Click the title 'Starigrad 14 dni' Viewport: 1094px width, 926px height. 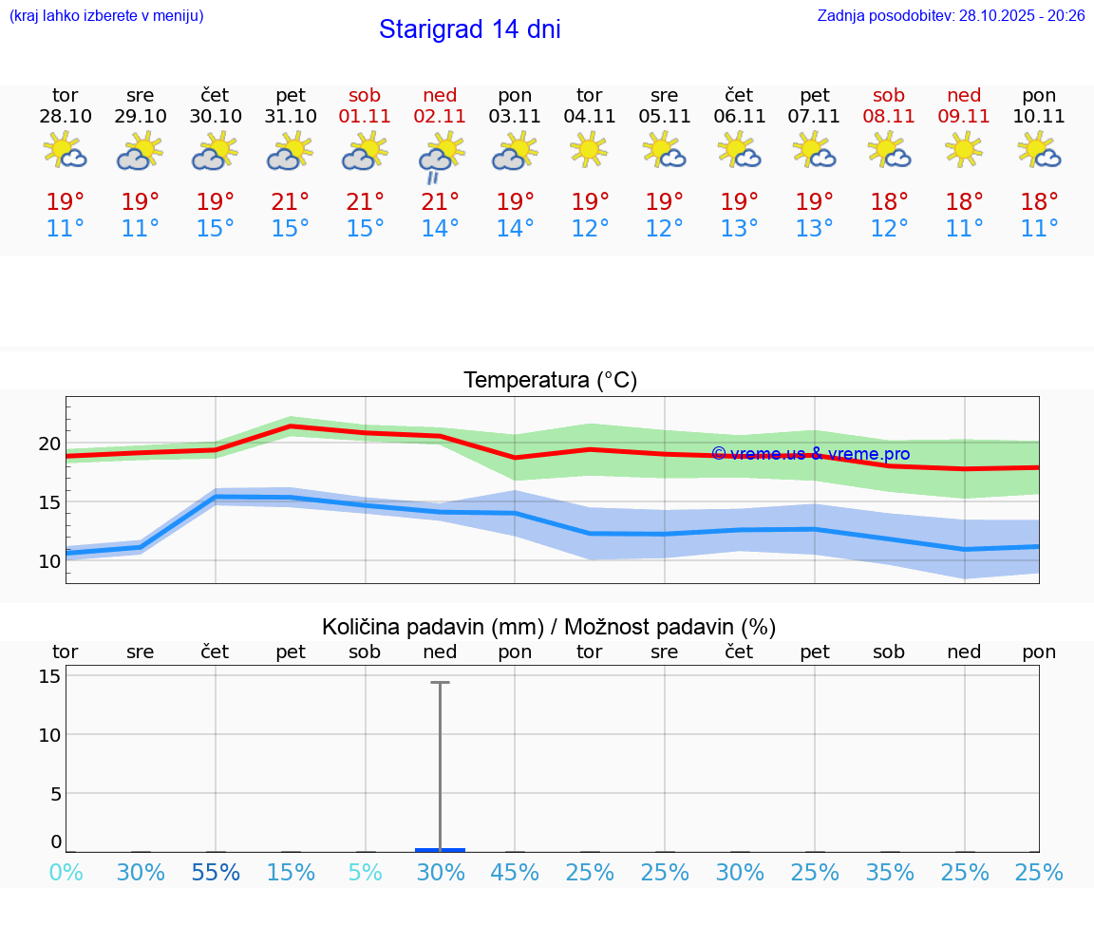pos(469,29)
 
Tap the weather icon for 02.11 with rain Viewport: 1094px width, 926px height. pos(440,154)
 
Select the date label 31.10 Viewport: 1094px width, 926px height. pos(291,117)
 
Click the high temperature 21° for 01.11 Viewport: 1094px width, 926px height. pos(365,201)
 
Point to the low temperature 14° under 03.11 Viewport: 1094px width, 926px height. pos(515,229)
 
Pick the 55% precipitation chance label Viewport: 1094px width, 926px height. pos(216,873)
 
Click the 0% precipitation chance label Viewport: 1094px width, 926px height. pos(66,873)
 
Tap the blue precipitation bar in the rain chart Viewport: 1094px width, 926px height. pos(440,849)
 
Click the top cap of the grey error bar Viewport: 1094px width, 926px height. pos(440,682)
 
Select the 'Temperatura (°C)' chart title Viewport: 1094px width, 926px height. pos(550,381)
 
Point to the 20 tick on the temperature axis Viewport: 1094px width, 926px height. pos(49,444)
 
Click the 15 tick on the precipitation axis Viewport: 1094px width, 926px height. pos(49,676)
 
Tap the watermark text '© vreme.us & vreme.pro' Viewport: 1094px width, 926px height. pos(810,454)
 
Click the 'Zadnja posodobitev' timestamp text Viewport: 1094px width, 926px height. pos(951,16)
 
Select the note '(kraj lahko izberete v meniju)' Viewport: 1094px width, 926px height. pos(106,16)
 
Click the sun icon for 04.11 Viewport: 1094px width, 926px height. pos(589,149)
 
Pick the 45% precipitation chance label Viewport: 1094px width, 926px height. pos(515,873)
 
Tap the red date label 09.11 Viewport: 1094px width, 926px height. pos(964,117)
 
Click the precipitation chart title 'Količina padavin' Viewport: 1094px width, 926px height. pos(549,627)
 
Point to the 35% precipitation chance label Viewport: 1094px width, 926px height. pos(890,873)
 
